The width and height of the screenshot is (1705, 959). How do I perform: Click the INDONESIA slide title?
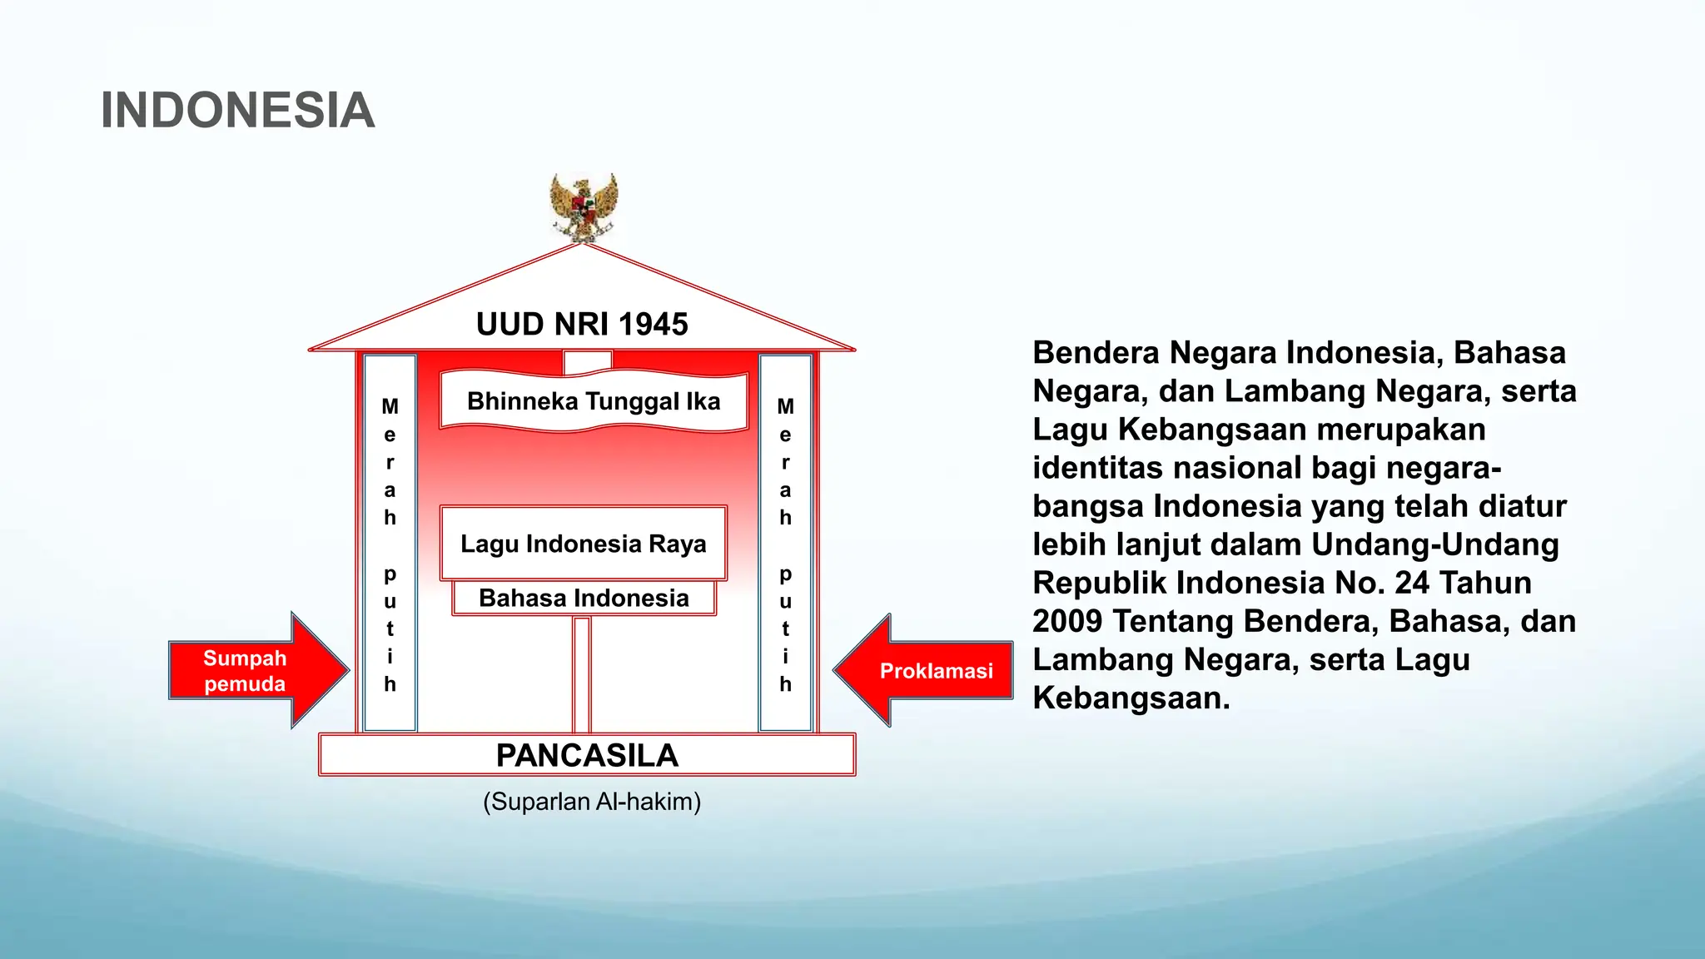237,111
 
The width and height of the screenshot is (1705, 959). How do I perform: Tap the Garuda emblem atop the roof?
584,207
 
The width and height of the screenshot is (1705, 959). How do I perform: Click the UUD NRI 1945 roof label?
582,325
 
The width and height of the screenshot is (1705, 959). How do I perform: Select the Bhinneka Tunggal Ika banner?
594,401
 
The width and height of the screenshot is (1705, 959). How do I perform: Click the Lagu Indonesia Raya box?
583,544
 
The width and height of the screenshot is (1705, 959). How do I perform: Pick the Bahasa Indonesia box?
584,598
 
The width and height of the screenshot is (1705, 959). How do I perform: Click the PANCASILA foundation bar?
587,755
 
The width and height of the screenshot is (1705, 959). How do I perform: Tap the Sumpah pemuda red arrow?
250,670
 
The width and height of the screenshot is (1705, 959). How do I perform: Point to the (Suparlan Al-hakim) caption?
592,802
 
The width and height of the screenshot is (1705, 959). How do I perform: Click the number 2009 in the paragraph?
1067,621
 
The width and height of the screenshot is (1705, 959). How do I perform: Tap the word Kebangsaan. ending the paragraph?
1131,698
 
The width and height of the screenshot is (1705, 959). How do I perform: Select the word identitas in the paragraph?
1098,468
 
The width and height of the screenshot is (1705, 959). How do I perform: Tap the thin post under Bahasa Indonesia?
582,674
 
